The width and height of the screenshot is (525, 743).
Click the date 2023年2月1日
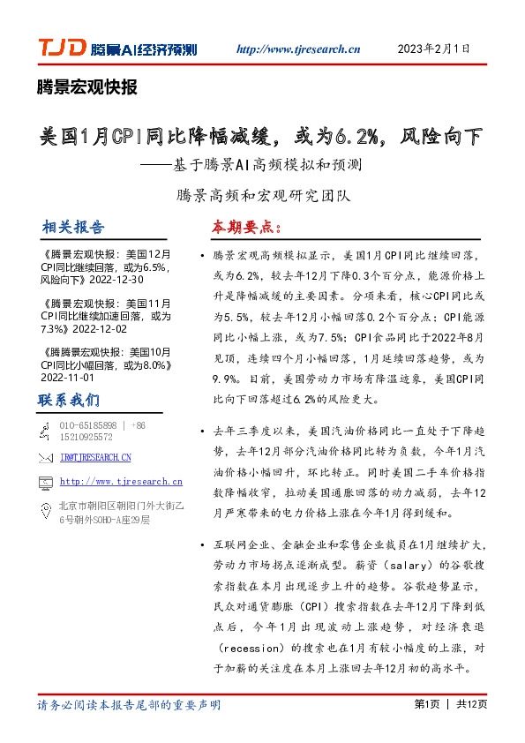435,49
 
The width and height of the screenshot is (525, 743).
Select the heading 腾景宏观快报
87,86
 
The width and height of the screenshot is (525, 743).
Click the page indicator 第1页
426,704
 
